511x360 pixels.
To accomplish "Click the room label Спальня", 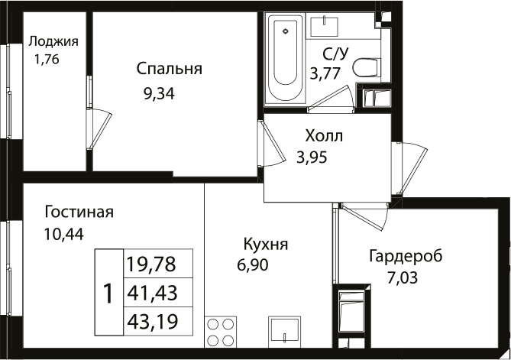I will tap(169, 70).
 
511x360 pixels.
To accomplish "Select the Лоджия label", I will tap(53, 41).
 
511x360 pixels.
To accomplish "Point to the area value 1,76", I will tap(46, 57).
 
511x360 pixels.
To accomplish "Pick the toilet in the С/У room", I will tap(367, 67).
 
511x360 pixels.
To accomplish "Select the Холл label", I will tap(324, 137).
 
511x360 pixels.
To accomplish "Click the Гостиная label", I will tap(79, 212).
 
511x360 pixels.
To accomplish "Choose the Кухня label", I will tap(265, 245).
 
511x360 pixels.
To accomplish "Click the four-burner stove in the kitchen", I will tap(220, 333).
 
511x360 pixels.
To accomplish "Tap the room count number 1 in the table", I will tap(108, 293).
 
